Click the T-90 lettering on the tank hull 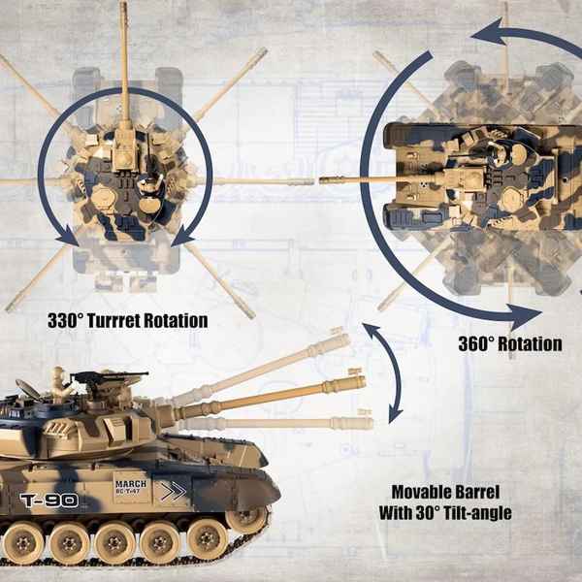point(49,501)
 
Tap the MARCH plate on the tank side point(131,487)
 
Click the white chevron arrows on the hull point(173,492)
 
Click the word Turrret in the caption point(113,320)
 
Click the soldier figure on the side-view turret point(59,385)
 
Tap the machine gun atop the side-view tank point(110,376)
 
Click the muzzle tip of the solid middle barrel point(365,381)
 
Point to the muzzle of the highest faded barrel point(347,339)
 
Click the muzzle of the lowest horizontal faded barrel point(372,423)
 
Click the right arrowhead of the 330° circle point(182,237)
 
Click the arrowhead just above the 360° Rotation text point(524,316)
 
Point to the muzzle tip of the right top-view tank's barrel point(321,180)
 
